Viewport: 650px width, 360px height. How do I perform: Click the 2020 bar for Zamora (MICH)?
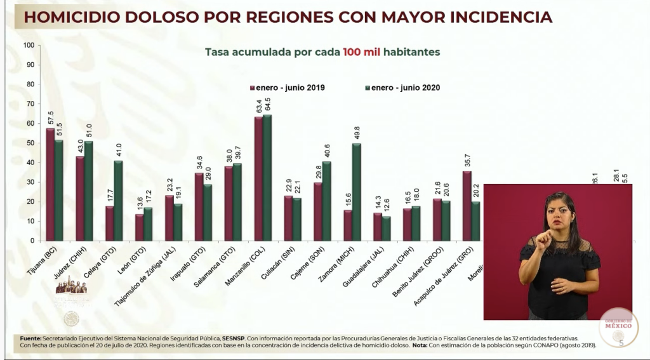(x=356, y=192)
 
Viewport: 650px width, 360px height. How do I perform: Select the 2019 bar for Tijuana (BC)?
(x=50, y=184)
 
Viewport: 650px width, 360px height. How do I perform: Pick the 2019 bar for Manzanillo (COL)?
(x=258, y=178)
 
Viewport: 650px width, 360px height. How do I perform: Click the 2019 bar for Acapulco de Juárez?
(x=467, y=205)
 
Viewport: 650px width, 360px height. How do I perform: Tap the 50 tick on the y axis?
(x=30, y=143)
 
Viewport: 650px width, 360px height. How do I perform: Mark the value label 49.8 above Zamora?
(x=356, y=133)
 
